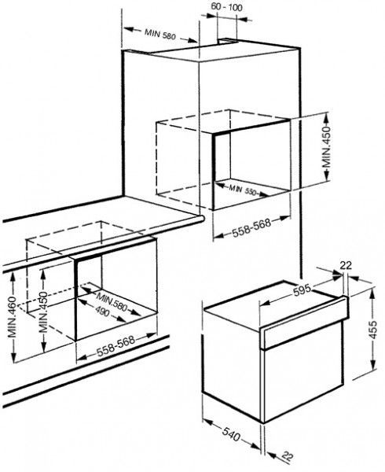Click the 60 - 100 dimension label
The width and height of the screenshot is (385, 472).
226,7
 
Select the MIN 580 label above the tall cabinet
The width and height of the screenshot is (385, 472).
159,34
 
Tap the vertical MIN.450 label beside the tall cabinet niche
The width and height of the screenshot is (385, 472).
326,147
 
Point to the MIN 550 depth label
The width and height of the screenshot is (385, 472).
242,190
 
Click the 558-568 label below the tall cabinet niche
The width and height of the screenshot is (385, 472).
251,227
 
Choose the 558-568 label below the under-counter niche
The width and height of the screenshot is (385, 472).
116,346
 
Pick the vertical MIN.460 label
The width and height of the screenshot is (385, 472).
13,317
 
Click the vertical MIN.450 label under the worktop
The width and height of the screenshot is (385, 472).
43,312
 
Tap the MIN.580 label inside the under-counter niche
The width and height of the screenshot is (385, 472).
112,301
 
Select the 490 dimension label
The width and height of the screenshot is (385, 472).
102,312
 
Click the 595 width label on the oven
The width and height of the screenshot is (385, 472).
302,290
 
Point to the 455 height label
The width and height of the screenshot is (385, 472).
372,330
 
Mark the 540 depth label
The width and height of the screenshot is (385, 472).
232,435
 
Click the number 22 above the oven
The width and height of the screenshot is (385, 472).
346,265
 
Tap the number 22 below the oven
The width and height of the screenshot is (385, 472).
288,457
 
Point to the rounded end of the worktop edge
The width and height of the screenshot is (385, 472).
202,219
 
